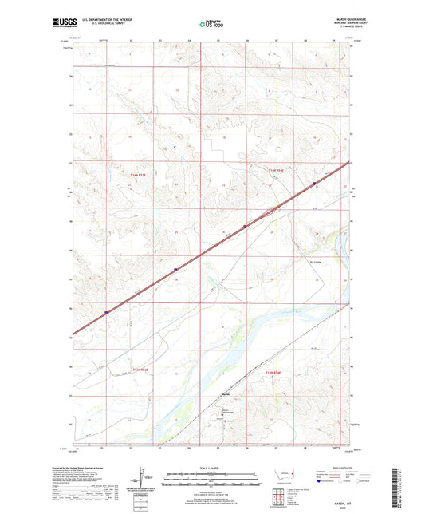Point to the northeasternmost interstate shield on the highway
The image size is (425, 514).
click(314, 183)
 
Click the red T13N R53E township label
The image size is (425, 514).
click(141, 369)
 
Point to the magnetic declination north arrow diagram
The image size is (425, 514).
click(150, 477)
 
